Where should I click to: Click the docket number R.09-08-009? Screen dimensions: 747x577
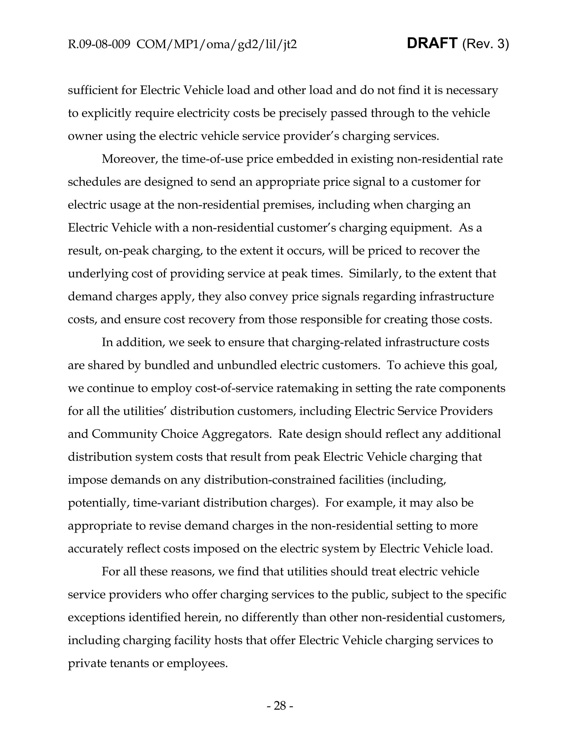point(99,45)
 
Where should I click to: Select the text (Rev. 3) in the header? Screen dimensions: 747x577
point(485,44)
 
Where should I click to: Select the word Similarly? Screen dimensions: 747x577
point(374,274)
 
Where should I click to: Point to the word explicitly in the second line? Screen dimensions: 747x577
point(106,113)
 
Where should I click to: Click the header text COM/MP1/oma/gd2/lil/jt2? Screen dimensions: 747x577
point(216,45)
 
